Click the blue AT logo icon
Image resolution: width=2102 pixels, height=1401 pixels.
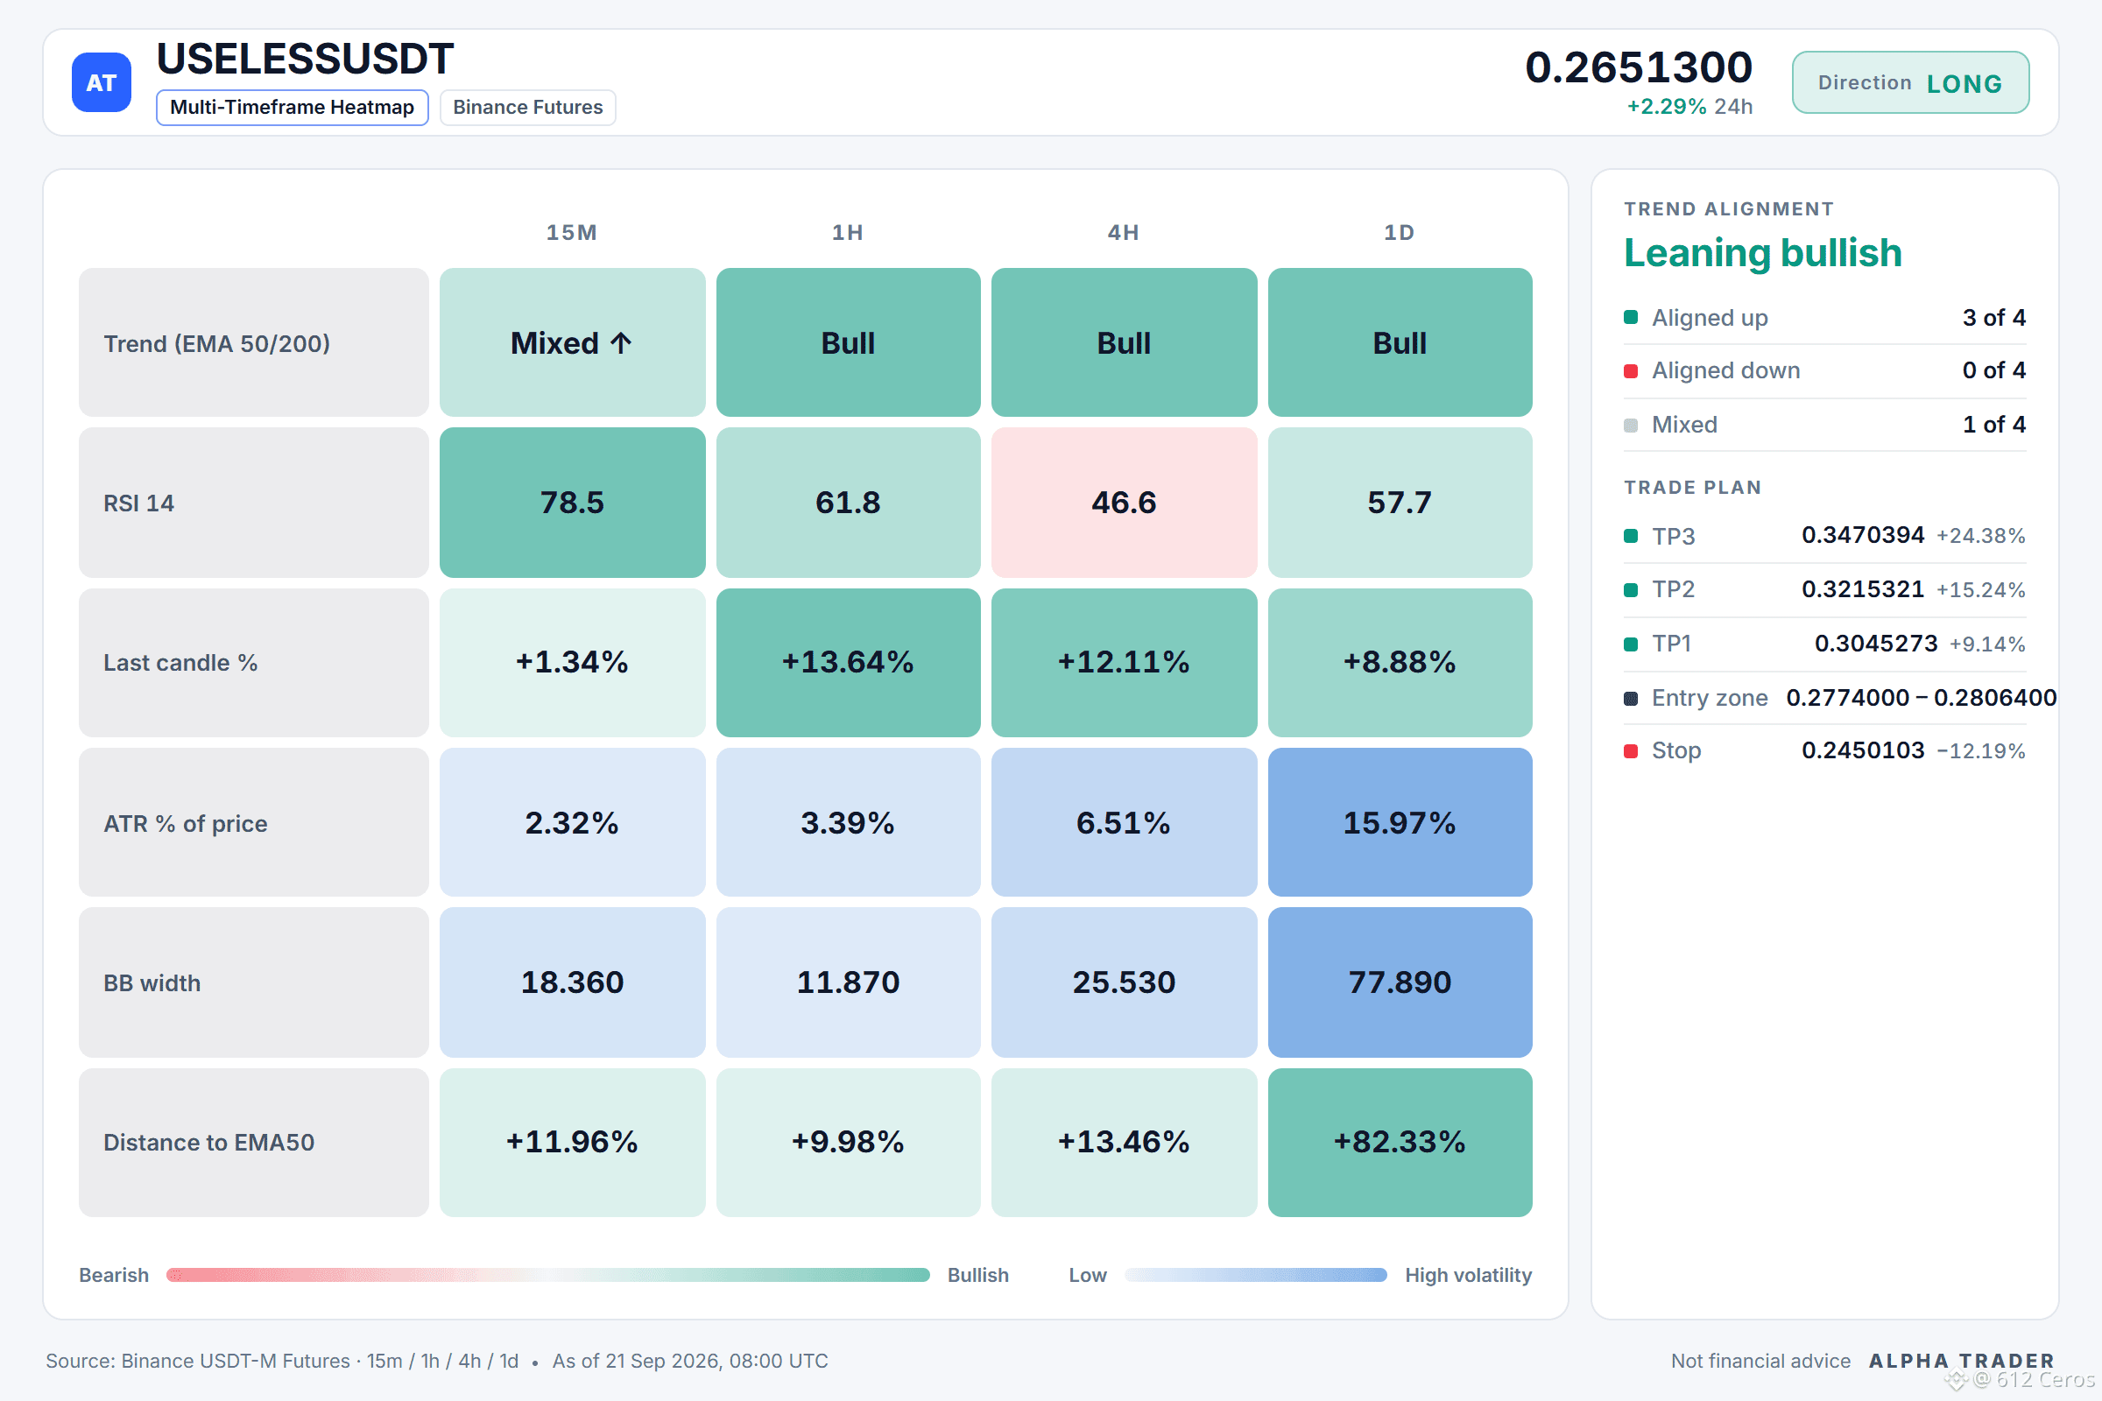101,82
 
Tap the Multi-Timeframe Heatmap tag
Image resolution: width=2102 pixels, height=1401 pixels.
293,107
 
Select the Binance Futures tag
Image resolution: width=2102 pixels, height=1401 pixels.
527,107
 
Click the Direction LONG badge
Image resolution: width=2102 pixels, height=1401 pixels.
1910,82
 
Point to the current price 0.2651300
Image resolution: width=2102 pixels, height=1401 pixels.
1638,67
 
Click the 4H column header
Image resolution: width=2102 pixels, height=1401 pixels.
1124,232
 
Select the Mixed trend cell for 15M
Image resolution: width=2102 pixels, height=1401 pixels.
572,342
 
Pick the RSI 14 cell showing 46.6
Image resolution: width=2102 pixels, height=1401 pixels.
1124,502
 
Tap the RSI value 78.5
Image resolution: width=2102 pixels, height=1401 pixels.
572,502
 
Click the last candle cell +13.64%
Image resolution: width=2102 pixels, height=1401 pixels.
848,662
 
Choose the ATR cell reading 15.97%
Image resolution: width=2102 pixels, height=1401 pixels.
1400,822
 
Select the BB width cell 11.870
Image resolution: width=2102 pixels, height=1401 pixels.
848,982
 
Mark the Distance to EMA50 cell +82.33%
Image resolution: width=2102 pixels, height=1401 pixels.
1400,1142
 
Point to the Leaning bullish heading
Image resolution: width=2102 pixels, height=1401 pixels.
1762,253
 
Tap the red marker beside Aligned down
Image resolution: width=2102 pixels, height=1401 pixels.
1631,370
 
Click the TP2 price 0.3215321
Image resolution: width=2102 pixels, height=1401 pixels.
1863,588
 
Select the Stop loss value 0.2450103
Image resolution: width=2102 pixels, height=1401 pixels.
1863,750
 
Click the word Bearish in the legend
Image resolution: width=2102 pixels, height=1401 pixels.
114,1275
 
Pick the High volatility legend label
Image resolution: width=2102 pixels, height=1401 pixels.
1469,1275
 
